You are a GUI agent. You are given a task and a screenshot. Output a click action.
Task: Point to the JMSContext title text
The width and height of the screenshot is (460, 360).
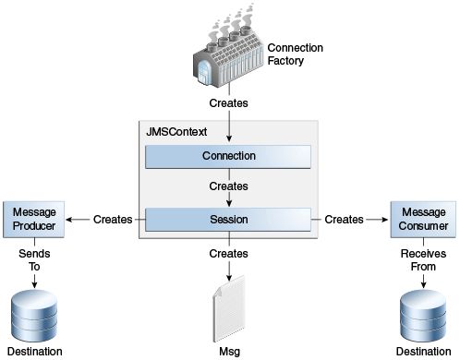click(x=178, y=132)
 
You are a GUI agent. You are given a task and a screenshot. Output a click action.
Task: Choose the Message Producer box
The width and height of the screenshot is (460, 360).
click(x=33, y=220)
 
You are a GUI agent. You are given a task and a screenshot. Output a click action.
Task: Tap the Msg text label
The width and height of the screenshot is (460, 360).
click(x=228, y=352)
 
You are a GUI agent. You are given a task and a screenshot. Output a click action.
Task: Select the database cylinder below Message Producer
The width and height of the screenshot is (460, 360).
click(x=33, y=315)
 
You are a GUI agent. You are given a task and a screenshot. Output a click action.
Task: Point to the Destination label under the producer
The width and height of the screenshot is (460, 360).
click(x=33, y=352)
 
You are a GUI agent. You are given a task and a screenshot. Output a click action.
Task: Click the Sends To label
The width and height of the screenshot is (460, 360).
click(x=33, y=260)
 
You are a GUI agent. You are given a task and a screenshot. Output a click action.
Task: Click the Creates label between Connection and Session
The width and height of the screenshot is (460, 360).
click(x=228, y=187)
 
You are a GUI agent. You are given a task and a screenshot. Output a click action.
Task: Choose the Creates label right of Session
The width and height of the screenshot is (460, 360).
click(x=344, y=220)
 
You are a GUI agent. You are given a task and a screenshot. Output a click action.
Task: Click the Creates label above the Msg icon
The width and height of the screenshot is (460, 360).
click(x=228, y=253)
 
